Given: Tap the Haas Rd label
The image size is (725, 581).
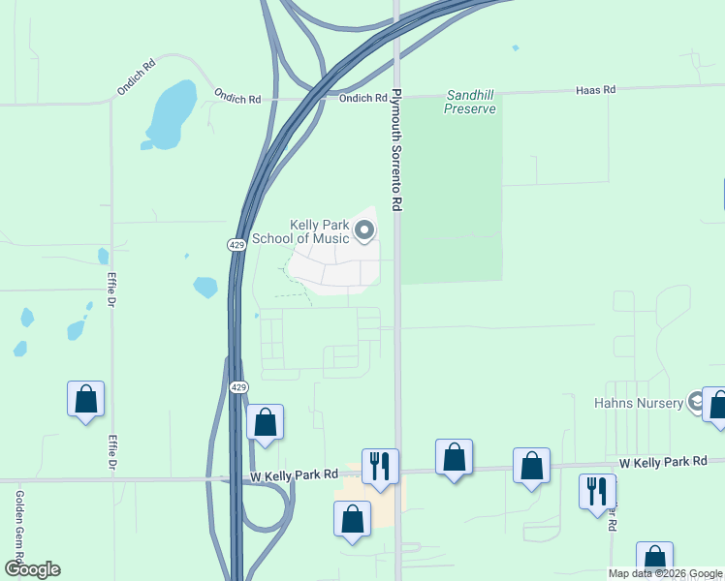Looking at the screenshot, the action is tap(595, 90).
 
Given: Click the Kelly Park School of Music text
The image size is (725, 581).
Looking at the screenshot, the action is tap(300, 231).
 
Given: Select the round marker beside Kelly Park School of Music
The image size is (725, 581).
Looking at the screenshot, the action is tap(364, 230).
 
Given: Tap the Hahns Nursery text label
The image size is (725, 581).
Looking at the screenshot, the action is tap(639, 402).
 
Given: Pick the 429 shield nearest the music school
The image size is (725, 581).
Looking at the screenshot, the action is tap(237, 245).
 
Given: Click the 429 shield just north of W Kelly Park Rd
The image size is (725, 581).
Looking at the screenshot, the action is tap(239, 387).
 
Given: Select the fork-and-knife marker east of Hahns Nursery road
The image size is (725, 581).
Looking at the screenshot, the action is tap(597, 491).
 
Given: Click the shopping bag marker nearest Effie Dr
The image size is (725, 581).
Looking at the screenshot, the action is tap(85, 399).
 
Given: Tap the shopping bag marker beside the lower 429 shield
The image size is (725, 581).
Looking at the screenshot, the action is tap(265, 422).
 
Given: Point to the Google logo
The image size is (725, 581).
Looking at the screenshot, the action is tap(32, 569).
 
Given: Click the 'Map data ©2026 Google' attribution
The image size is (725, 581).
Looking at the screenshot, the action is tap(665, 573).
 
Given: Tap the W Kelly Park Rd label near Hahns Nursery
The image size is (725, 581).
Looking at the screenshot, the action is tap(664, 462).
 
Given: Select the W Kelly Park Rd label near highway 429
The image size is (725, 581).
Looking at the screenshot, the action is tap(294, 474).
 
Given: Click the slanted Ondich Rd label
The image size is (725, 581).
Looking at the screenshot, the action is tap(137, 78).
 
